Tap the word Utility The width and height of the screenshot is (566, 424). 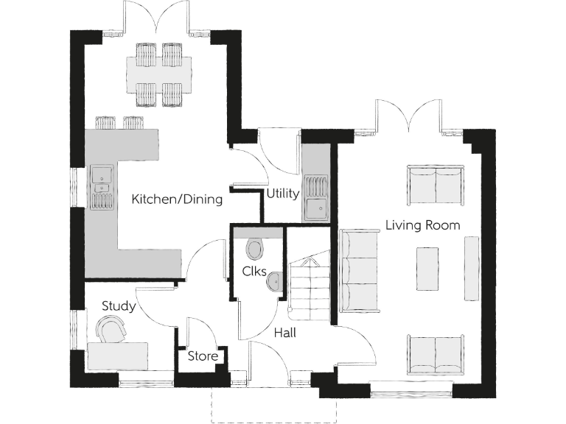tap(283, 194)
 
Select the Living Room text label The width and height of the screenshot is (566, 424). tap(422, 225)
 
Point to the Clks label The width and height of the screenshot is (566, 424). tap(254, 272)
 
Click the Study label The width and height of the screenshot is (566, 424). tap(118, 305)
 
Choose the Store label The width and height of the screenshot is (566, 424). tap(203, 357)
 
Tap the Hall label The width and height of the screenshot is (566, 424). tap(285, 333)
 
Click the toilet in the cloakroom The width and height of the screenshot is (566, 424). tap(255, 248)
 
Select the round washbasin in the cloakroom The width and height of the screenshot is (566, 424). tap(274, 281)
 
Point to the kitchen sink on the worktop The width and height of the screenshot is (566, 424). tap(99, 177)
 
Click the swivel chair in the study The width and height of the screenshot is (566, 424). tap(112, 330)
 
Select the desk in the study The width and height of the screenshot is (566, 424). tap(118, 355)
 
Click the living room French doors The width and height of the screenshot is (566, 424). tap(408, 118)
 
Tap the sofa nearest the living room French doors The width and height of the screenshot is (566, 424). tap(436, 184)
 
